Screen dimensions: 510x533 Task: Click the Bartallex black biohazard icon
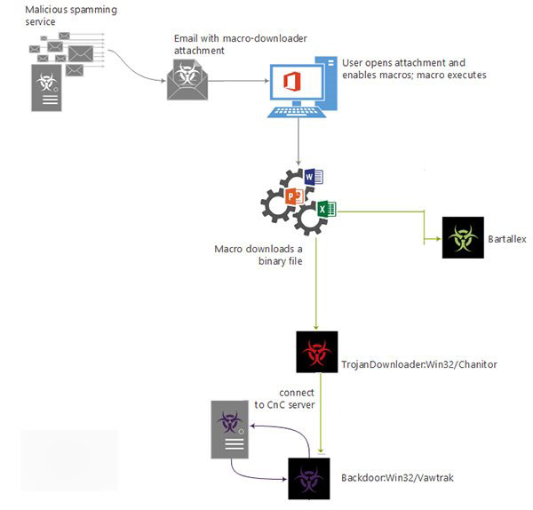click(x=462, y=238)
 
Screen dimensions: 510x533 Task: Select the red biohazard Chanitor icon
click(x=317, y=352)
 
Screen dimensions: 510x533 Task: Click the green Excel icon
click(x=325, y=210)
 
